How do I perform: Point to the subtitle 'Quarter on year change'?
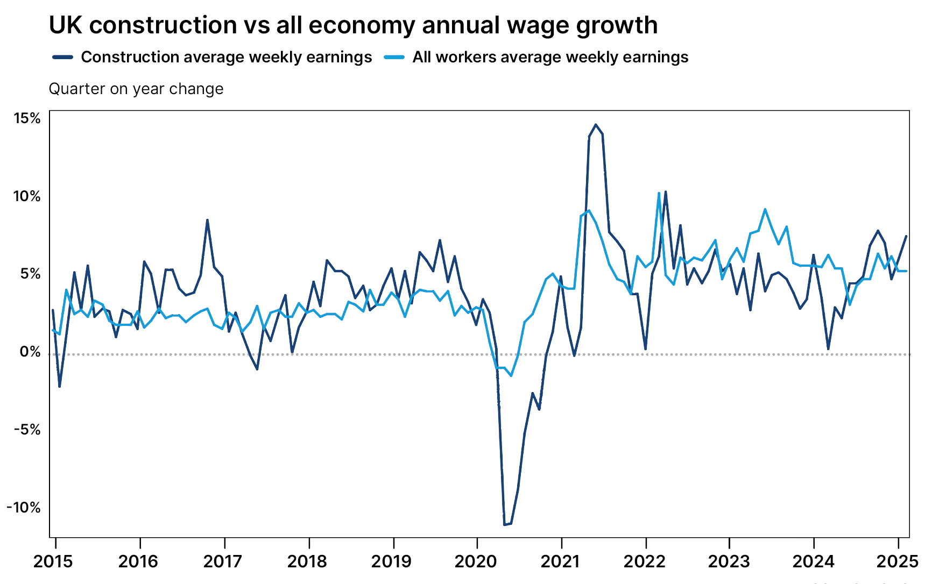(136, 89)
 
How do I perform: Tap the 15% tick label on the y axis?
(27, 118)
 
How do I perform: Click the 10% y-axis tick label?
(27, 196)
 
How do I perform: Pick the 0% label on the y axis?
(30, 352)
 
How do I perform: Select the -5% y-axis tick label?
(27, 430)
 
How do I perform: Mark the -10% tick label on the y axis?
(24, 508)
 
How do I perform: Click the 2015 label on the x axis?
(53, 562)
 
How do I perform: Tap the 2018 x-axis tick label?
(307, 562)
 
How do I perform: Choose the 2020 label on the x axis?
(476, 562)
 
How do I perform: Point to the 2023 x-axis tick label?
(729, 562)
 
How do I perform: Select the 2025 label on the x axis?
(898, 562)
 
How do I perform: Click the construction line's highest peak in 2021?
(595, 125)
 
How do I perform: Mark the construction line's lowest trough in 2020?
(505, 524)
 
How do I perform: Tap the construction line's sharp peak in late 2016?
(207, 220)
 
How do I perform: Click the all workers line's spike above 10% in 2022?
(659, 193)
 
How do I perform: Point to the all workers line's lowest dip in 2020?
(511, 375)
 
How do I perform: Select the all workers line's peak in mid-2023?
(765, 209)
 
